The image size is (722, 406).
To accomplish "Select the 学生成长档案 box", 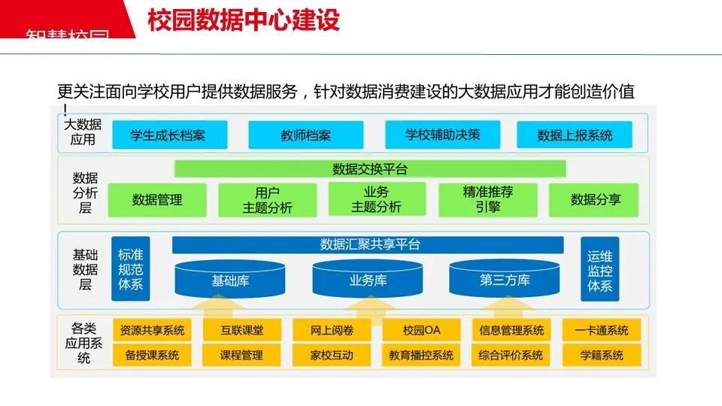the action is tap(168, 135).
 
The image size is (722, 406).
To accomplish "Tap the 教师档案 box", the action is tap(305, 135).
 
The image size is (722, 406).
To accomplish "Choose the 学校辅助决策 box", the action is tap(442, 135).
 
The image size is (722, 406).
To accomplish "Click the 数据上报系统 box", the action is tap(575, 135).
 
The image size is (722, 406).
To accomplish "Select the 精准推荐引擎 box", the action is tap(487, 200).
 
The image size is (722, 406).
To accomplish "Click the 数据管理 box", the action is tap(157, 200).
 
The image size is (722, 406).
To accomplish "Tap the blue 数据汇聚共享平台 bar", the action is tap(368, 244).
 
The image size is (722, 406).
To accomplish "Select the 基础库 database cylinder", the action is tap(230, 280).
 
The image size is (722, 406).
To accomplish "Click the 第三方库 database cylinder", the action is tap(505, 280).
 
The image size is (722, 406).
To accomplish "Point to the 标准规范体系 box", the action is tap(130, 268).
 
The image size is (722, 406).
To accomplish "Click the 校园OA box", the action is tap(421, 330).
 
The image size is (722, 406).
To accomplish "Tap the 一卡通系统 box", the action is tap(602, 330).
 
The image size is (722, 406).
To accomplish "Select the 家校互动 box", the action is tap(331, 355).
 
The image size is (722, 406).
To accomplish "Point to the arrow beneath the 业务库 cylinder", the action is tap(368, 308).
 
